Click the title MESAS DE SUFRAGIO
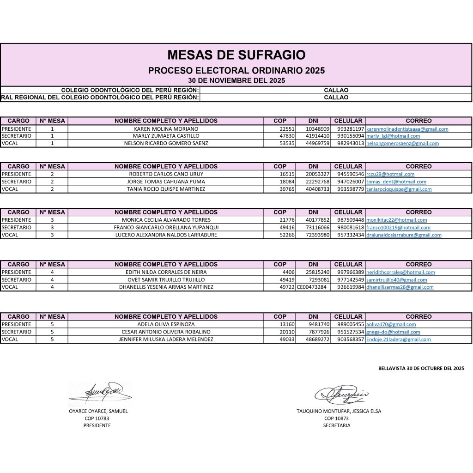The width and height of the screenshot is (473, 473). [236, 55]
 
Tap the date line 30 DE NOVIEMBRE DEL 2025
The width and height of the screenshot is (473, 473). [236, 80]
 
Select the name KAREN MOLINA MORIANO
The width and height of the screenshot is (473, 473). [166, 129]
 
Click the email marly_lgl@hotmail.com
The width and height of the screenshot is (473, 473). [393, 136]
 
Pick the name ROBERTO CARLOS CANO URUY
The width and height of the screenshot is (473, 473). [166, 174]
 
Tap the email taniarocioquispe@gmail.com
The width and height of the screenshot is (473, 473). [399, 189]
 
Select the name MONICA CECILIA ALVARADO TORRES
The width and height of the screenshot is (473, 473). [166, 220]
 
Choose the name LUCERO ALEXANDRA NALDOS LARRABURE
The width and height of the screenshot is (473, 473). [166, 235]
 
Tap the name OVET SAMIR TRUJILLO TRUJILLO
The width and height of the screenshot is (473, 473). [166, 280]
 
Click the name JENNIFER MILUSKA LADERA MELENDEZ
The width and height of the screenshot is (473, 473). [166, 340]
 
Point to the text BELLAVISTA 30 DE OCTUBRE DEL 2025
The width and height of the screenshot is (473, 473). [421, 369]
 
